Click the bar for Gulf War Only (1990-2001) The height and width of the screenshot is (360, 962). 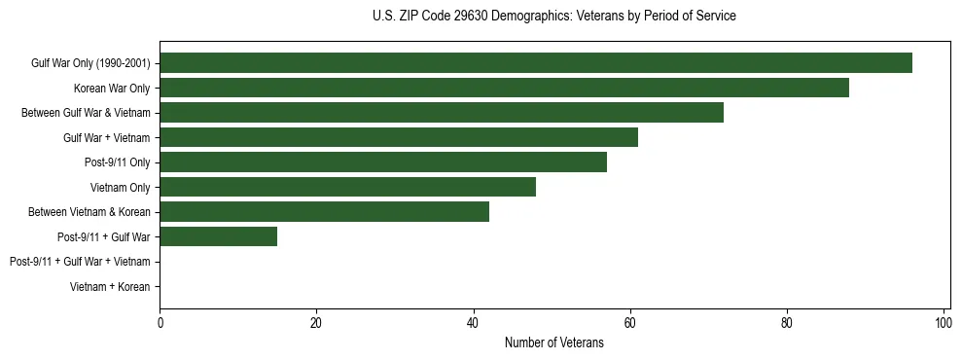(x=536, y=63)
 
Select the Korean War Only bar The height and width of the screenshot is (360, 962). (x=504, y=88)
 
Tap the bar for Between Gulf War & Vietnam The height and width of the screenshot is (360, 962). (x=442, y=113)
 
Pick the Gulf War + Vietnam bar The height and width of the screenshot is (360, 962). (x=399, y=137)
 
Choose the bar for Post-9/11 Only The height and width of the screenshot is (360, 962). (x=383, y=162)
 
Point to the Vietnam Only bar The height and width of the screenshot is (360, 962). (x=347, y=187)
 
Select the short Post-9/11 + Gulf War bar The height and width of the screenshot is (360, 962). (x=219, y=236)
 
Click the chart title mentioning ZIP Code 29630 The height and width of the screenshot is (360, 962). (x=554, y=17)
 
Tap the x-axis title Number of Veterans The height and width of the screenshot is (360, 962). (x=554, y=342)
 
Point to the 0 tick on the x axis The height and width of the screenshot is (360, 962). (x=160, y=322)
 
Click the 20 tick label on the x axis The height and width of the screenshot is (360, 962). (x=316, y=322)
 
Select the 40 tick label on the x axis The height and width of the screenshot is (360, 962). (x=473, y=322)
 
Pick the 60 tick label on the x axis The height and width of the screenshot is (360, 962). (x=629, y=322)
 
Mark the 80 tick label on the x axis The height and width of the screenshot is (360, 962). (x=786, y=322)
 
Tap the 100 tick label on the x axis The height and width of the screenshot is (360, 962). (x=943, y=322)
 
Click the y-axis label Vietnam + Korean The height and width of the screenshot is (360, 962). (x=110, y=287)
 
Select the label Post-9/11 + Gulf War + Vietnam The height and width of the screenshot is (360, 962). (x=80, y=262)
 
